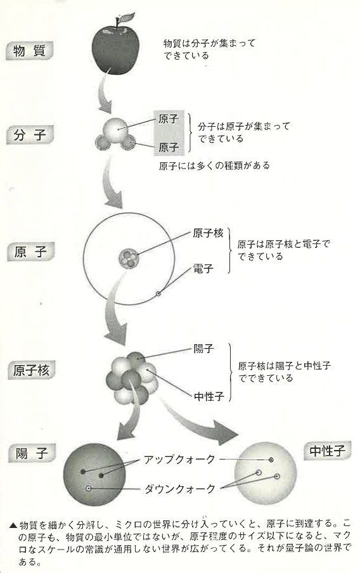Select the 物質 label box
pos(30,51)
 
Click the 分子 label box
pos(30,135)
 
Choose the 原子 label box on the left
pos(30,252)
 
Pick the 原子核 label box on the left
pos(32,371)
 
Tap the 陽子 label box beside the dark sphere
pos(32,453)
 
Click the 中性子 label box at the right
pos(328,451)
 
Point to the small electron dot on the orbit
pos(158,293)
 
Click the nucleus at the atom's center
pos(129,258)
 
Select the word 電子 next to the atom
pos(203,269)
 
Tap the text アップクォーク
pos(179,460)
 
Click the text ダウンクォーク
pos(180,489)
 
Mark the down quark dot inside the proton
pos(88,488)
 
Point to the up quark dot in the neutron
pos(271,460)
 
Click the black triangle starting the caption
pos(13,525)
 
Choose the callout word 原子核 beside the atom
pos(208,233)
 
